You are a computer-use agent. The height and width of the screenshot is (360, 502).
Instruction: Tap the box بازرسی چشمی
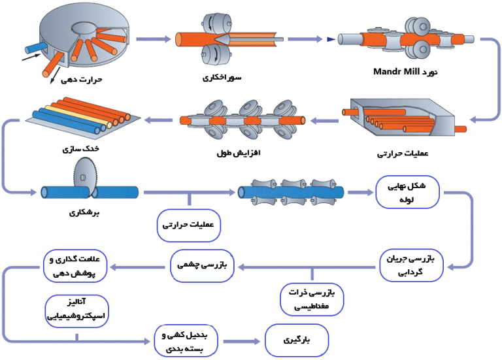click(x=201, y=265)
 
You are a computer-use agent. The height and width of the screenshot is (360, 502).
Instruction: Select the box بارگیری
click(x=296, y=341)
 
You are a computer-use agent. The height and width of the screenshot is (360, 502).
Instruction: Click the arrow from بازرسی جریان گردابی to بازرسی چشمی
click(x=305, y=265)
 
